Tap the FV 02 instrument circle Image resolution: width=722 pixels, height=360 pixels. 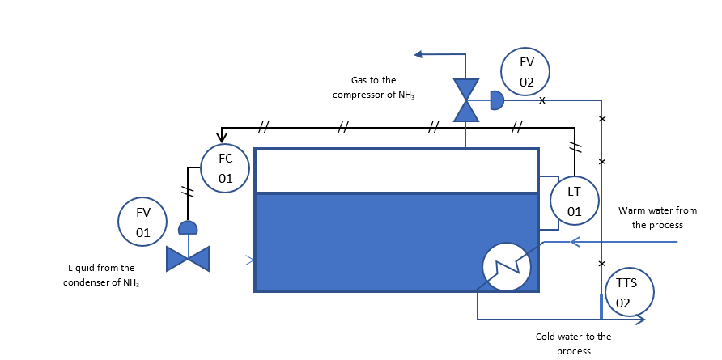point(526,71)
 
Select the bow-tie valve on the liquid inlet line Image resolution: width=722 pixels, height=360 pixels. point(188,258)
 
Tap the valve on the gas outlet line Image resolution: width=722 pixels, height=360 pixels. point(465,100)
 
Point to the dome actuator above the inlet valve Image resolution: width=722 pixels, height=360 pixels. point(188,228)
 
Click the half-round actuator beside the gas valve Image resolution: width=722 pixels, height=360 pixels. point(496,100)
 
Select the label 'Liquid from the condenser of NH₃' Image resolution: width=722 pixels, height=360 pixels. point(102,274)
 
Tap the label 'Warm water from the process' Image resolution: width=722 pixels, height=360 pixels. point(657,218)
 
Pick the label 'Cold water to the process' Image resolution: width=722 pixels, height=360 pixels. point(573,343)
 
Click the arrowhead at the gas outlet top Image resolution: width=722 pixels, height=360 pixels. point(419,54)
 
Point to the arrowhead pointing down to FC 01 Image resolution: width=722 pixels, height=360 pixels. point(221,137)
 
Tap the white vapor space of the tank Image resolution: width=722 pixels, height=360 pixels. point(397,171)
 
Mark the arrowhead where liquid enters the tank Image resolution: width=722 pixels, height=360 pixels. point(251,260)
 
